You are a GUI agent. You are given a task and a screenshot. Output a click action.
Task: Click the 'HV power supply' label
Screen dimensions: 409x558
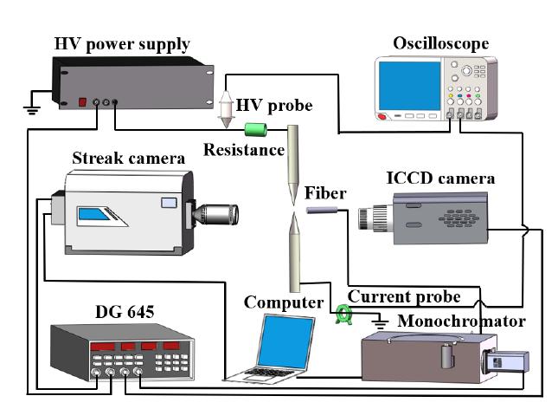point(122,44)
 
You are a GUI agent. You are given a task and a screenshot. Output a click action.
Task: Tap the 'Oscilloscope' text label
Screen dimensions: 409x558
point(440,42)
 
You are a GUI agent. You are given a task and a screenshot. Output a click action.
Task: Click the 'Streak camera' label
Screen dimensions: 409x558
point(129,158)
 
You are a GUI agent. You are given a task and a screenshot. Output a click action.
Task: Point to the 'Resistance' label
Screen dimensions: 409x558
point(244,150)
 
